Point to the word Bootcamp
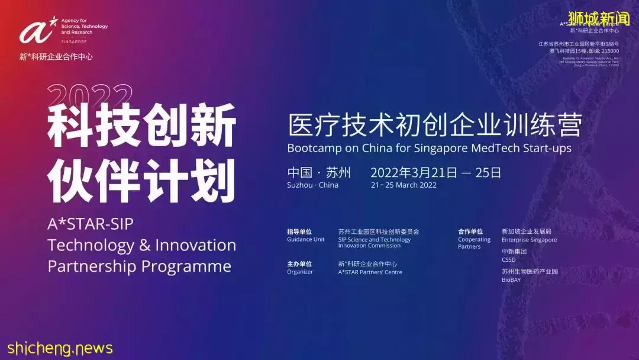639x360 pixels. coord(314,148)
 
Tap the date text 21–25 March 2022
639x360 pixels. coord(404,185)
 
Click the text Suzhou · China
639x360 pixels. coord(312,185)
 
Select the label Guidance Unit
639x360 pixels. coord(305,239)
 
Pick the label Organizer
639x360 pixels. coord(300,272)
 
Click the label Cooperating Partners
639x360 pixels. coord(474,243)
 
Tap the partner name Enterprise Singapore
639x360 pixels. coord(529,240)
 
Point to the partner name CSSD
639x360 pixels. coord(508,259)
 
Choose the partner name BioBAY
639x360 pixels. coord(511,279)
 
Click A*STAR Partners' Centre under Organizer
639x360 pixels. coord(370,272)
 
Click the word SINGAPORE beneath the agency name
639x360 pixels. coord(73,42)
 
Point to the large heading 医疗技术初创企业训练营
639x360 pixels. coord(435,125)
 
